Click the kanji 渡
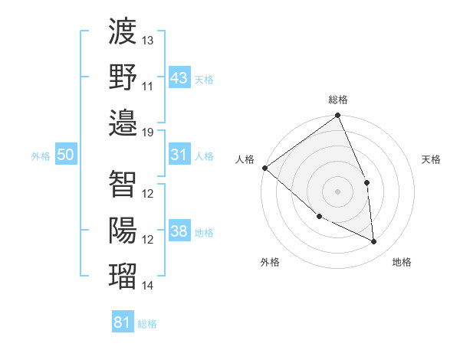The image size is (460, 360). point(123,33)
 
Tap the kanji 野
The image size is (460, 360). point(123,78)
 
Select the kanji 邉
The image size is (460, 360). point(123,123)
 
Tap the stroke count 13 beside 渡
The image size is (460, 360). point(148,40)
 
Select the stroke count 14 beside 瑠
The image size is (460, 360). point(148,285)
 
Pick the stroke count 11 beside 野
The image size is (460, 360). point(148,86)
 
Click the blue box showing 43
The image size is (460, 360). point(179,77)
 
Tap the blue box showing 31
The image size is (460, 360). point(179,155)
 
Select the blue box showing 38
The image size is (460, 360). point(179,231)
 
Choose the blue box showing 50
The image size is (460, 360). point(66,155)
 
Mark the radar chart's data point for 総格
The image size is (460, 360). point(337,116)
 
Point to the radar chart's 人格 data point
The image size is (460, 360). point(264,168)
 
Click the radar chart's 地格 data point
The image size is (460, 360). point(374,242)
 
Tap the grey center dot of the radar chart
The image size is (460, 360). point(337,191)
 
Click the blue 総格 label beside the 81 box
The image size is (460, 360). point(147,324)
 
